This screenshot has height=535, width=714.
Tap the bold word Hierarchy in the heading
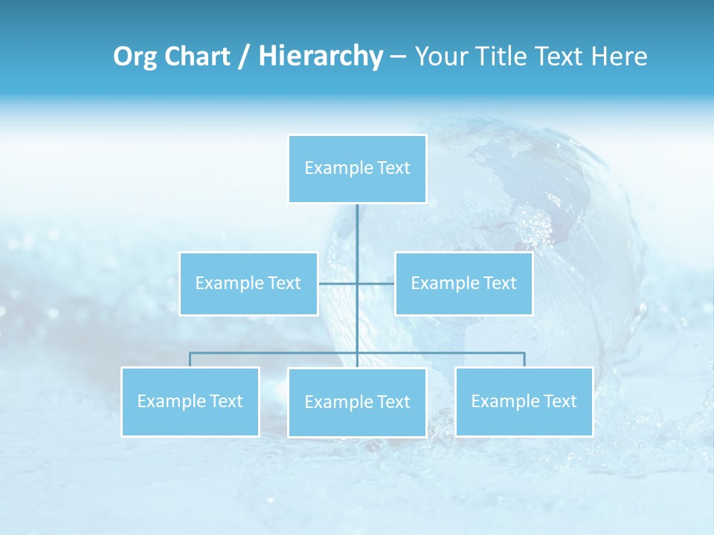tap(320, 56)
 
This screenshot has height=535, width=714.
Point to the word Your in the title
tap(440, 56)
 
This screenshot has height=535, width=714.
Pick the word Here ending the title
tap(619, 56)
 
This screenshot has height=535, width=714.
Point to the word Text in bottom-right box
tap(559, 401)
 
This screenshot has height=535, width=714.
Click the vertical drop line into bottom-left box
tap(190, 360)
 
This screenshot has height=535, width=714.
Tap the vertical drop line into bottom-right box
tap(524, 360)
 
